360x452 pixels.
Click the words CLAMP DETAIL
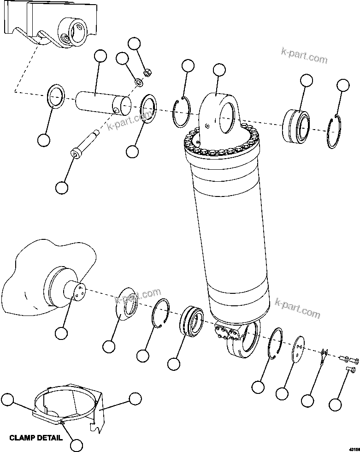[x=36, y=438]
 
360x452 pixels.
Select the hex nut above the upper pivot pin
[x=148, y=72]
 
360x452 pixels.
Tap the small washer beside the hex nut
[x=138, y=83]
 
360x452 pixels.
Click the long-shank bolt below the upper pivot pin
[x=85, y=143]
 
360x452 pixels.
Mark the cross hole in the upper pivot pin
[x=117, y=110]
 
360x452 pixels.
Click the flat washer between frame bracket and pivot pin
[x=56, y=95]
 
